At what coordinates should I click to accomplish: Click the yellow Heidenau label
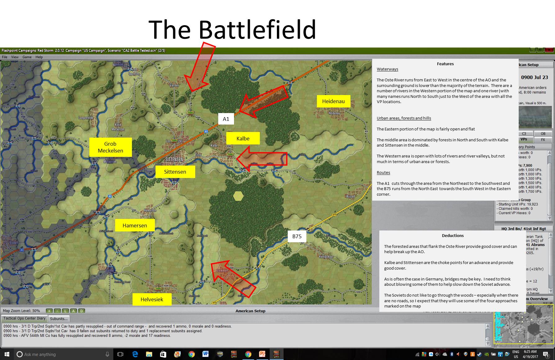tap(333, 101)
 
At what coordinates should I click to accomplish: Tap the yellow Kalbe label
tap(243, 139)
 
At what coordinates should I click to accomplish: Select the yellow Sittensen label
tap(175, 172)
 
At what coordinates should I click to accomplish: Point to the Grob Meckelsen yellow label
tap(110, 147)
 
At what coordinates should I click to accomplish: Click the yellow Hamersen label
tap(135, 226)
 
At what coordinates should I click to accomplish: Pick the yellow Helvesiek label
tap(152, 299)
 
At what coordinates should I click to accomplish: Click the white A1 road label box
tap(226, 119)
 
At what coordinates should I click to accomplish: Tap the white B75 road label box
tap(297, 236)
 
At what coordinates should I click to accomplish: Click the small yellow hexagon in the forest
tap(238, 196)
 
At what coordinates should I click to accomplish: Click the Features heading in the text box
tap(445, 64)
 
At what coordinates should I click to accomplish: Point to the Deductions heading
tap(453, 235)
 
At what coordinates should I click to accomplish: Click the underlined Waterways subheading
tap(387, 69)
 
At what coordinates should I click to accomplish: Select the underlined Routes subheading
tap(383, 173)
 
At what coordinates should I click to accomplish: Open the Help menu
tap(39, 57)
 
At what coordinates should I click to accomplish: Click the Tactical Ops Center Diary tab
tap(25, 318)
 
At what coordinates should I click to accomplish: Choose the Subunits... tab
tap(59, 319)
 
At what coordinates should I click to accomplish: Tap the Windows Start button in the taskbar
tap(7, 354)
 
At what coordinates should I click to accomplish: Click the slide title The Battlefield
tap(232, 30)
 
